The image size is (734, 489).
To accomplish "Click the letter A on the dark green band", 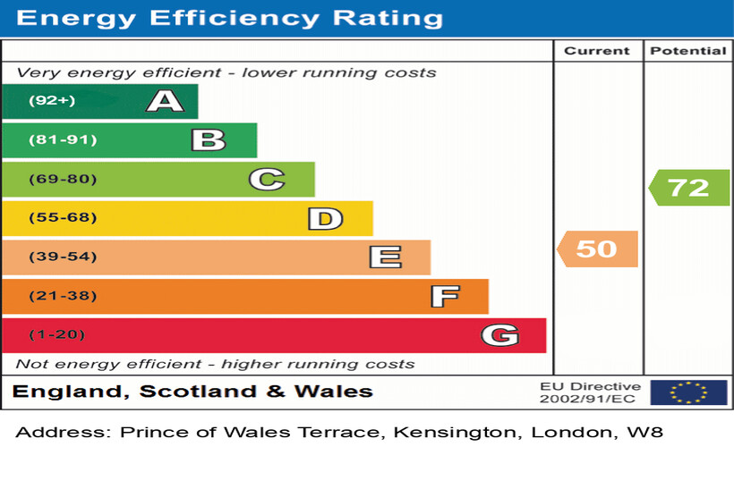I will tap(165, 101).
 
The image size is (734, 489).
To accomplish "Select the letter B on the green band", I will tap(208, 140).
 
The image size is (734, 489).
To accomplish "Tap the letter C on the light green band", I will tap(266, 180).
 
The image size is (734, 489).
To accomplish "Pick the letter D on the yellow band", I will tap(325, 218).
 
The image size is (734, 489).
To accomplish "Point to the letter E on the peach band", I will tap(385, 257).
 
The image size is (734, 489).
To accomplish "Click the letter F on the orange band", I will tap(444, 296).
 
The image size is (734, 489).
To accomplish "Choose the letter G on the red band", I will tap(499, 335).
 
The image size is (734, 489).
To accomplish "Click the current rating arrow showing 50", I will tap(597, 249).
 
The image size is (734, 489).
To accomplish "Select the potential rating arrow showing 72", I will tap(688, 188).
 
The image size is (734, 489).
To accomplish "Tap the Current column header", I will tap(597, 51).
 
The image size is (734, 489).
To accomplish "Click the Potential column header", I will tap(687, 51).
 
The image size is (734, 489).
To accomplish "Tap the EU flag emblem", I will tap(688, 392).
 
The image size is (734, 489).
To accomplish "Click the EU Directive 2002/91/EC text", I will tap(590, 392).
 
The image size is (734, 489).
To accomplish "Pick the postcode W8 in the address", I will tap(644, 433).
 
